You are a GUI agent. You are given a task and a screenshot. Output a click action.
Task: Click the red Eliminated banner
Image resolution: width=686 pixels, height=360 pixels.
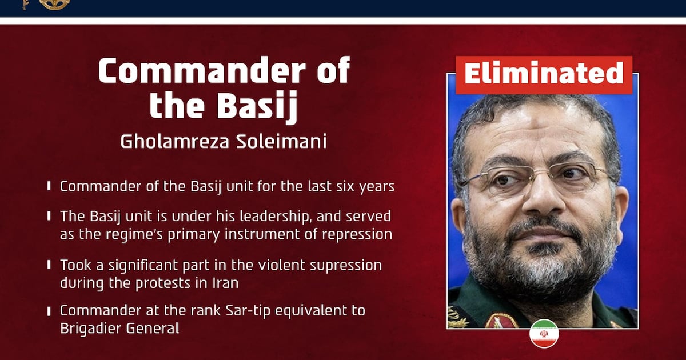pos(544,75)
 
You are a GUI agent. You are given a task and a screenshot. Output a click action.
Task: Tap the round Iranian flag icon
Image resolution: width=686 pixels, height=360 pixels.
pos(544,334)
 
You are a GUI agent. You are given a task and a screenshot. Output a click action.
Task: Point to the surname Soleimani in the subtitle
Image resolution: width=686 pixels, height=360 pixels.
pos(281,142)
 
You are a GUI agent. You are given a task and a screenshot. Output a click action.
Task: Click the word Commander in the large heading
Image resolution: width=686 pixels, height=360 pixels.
pos(202,70)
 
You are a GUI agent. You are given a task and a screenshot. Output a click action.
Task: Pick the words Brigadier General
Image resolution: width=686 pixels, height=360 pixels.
pos(119,329)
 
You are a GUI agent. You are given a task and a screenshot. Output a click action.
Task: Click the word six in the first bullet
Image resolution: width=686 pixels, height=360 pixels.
pos(345,186)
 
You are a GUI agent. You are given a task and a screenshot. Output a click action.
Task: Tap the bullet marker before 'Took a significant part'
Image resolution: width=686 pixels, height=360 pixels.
pos(49,265)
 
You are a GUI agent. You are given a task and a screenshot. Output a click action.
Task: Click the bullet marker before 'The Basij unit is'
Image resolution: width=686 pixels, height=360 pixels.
pos(49,216)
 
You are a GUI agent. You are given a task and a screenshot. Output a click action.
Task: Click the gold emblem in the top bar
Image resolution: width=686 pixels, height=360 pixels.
pos(55,5)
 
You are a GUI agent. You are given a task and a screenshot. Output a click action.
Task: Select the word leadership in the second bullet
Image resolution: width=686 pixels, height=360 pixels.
pos(274,217)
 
